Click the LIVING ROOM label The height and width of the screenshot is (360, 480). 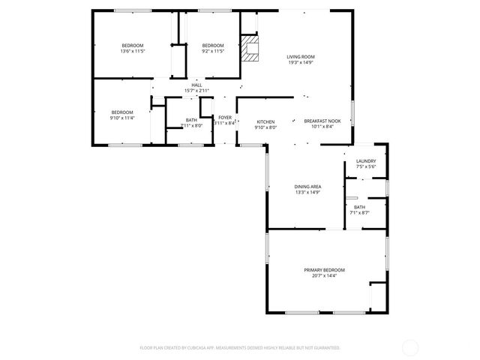pyautogui.click(x=301, y=56)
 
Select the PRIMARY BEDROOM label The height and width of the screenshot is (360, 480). pyautogui.click(x=324, y=270)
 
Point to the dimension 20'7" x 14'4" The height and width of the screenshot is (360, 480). pyautogui.click(x=324, y=276)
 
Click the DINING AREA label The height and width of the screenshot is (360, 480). pyautogui.click(x=307, y=186)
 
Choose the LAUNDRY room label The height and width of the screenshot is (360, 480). pyautogui.click(x=366, y=160)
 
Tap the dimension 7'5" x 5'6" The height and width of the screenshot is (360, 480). pyautogui.click(x=366, y=166)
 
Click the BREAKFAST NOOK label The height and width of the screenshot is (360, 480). pyautogui.click(x=322, y=121)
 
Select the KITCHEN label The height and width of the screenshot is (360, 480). pyautogui.click(x=266, y=121)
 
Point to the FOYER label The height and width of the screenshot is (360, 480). pyautogui.click(x=225, y=118)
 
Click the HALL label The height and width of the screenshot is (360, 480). pyautogui.click(x=196, y=85)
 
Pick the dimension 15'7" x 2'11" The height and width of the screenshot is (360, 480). pyautogui.click(x=196, y=91)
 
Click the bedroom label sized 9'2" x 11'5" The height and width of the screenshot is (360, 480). pyautogui.click(x=213, y=45)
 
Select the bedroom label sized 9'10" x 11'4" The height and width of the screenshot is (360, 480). pyautogui.click(x=122, y=112)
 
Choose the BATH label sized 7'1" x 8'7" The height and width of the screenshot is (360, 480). pyautogui.click(x=360, y=207)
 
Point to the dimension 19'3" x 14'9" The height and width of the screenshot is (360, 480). pyautogui.click(x=301, y=62)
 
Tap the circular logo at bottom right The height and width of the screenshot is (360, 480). pyautogui.click(x=410, y=347)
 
